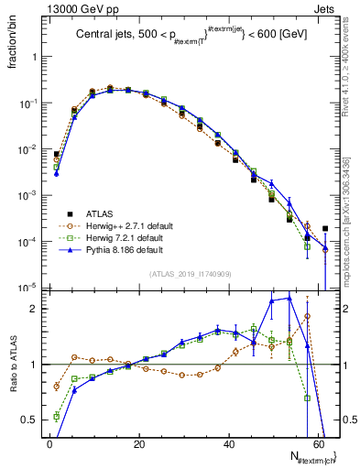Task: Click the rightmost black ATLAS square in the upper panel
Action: tap(325, 229)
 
